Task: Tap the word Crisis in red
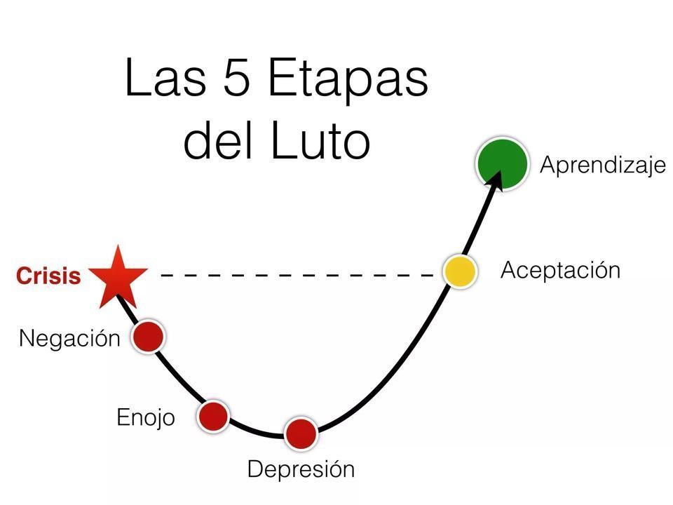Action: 48,276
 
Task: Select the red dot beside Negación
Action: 149,336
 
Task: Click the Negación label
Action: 69,338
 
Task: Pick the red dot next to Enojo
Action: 213,416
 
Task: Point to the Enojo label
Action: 145,418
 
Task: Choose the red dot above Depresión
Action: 301,433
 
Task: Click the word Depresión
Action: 301,469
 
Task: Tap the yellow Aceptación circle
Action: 460,271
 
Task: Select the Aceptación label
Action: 560,270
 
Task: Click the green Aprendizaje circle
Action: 502,163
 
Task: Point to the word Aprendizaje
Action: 602,166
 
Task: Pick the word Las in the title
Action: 165,77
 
